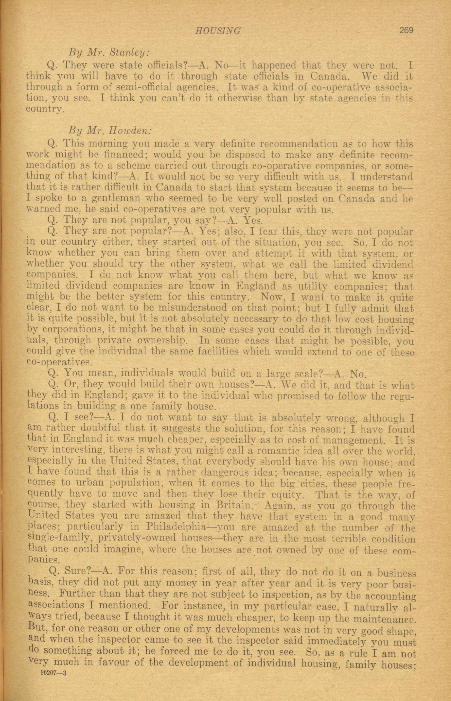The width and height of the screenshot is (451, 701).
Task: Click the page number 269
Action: tap(405, 30)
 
